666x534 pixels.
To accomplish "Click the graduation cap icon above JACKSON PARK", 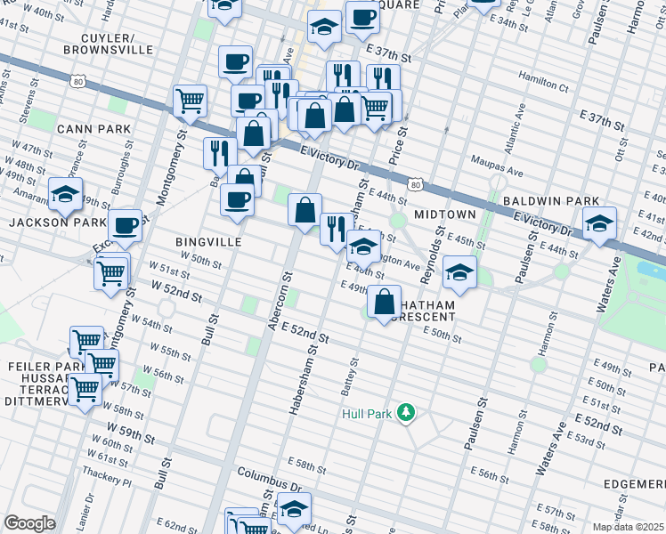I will (66, 195).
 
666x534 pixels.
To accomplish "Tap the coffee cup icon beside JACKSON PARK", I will (126, 225).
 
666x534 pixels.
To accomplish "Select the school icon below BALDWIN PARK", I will (599, 224).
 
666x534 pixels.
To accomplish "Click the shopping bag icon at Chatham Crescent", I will (384, 302).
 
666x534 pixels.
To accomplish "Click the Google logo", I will (29, 523).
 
